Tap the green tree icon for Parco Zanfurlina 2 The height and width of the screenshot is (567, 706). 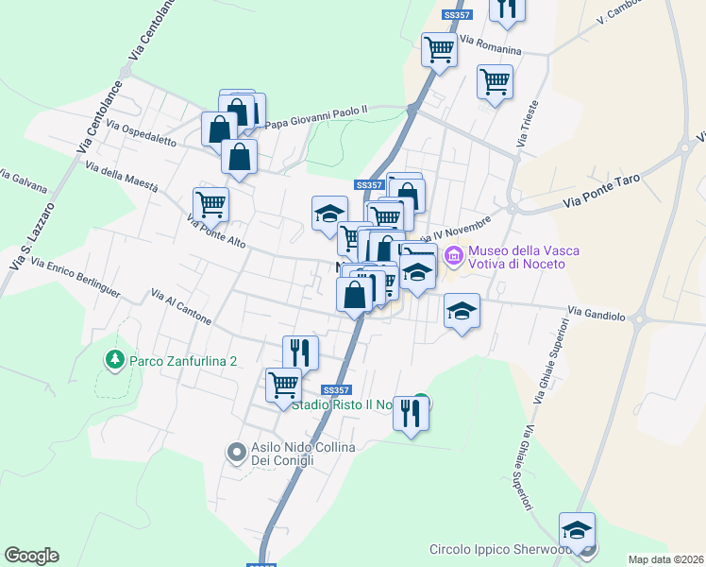pyautogui.click(x=114, y=360)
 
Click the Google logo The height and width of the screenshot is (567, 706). pyautogui.click(x=31, y=556)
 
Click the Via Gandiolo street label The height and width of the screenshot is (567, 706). pyautogui.click(x=597, y=311)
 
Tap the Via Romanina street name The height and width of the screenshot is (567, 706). pyautogui.click(x=491, y=44)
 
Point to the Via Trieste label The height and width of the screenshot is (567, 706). pyautogui.click(x=527, y=123)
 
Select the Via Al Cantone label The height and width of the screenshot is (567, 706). pyautogui.click(x=180, y=308)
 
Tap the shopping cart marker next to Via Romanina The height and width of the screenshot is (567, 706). pyautogui.click(x=439, y=49)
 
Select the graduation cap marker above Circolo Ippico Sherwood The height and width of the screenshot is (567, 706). pyautogui.click(x=577, y=530)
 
